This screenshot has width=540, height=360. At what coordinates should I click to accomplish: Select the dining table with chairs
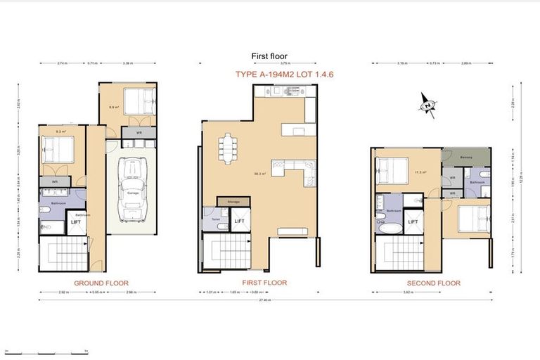(x=228, y=148)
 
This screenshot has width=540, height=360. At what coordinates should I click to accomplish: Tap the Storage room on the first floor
(x=233, y=202)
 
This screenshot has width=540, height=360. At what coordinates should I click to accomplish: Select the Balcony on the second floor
(x=466, y=157)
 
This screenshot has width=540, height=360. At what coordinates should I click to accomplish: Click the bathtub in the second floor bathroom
(x=390, y=228)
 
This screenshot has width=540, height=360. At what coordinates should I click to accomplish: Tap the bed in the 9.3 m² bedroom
(x=58, y=150)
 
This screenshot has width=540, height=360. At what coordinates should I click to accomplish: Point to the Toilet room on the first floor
(x=213, y=219)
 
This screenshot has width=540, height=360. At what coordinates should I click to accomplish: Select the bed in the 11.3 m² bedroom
(x=390, y=170)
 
